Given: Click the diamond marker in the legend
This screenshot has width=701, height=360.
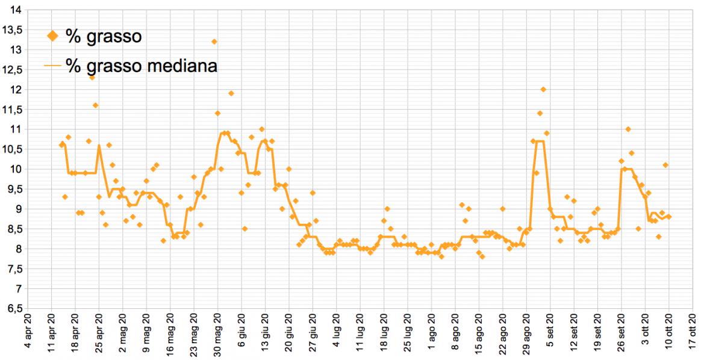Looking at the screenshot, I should pyautogui.click(x=53, y=37).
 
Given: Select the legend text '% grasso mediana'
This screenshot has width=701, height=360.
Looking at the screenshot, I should pyautogui.click(x=142, y=66).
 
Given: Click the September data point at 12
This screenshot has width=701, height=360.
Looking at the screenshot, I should pyautogui.click(x=543, y=89).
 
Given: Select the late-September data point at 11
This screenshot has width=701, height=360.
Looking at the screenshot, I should pyautogui.click(x=628, y=129).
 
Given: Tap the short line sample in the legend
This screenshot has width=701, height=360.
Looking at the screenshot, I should pyautogui.click(x=53, y=66).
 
